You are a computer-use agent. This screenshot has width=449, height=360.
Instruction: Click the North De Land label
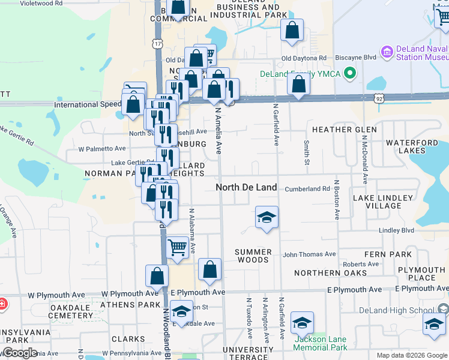[x=246, y=187]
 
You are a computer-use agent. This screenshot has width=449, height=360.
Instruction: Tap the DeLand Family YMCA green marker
[x=352, y=74]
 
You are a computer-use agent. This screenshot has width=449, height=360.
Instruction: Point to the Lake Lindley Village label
[x=383, y=202]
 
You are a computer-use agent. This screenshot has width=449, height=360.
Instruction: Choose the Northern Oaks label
[x=331, y=273]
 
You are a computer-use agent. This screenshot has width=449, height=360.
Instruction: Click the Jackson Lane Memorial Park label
[x=321, y=343]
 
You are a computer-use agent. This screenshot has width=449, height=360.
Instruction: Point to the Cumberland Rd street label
[x=307, y=188]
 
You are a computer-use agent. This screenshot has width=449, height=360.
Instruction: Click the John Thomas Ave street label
[x=309, y=254]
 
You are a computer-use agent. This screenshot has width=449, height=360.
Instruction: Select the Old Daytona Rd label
[x=304, y=58]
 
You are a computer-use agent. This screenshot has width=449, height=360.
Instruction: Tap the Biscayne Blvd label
[x=348, y=58]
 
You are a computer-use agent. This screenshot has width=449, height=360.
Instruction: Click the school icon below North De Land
[x=267, y=218]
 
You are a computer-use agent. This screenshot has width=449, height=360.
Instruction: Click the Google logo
[x=19, y=353]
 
